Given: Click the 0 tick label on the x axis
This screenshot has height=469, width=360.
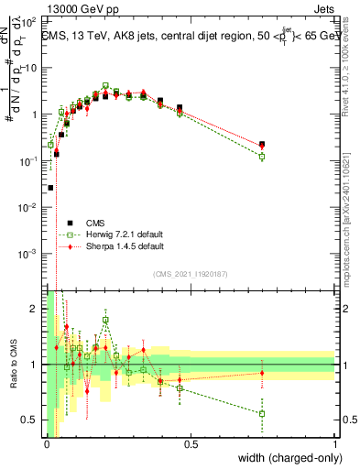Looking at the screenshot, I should point(47,444).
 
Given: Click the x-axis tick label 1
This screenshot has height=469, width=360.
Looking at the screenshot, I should point(335,444).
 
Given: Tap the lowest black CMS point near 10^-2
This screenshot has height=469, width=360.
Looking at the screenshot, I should point(50,188).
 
